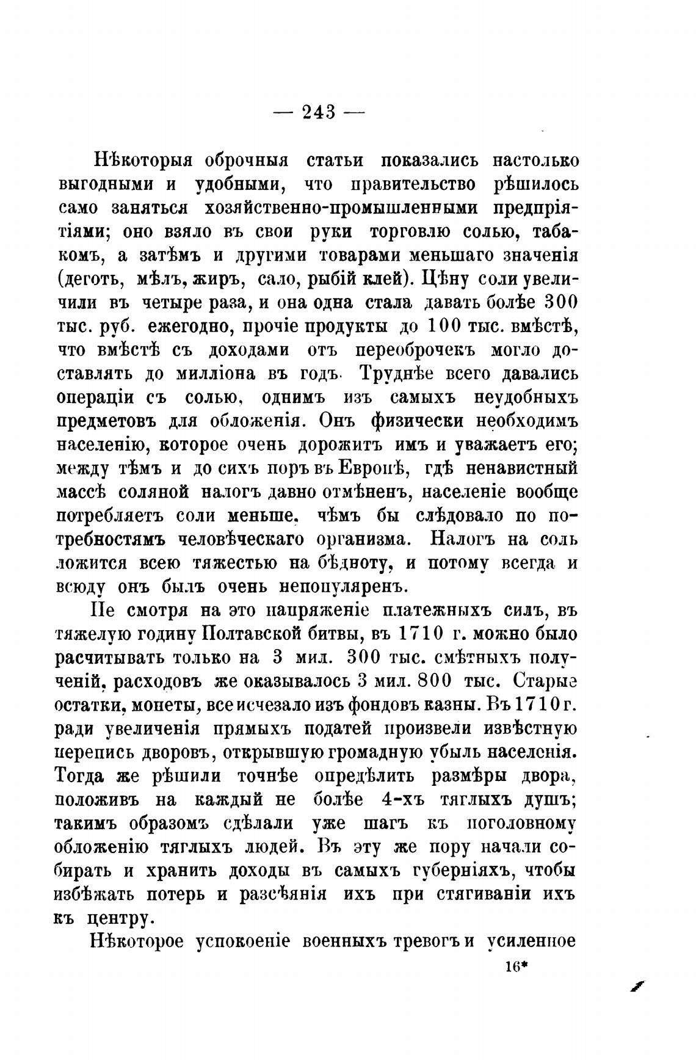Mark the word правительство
pyautogui.click(x=405, y=184)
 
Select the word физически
pyautogui.click(x=413, y=421)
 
